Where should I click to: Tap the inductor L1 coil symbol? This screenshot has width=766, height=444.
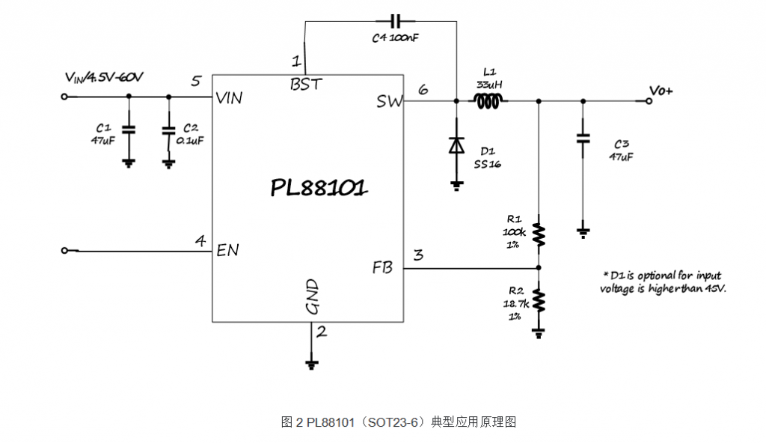click(x=488, y=100)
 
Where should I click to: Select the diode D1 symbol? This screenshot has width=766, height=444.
click(x=456, y=145)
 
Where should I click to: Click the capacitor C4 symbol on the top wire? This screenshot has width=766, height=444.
click(x=396, y=21)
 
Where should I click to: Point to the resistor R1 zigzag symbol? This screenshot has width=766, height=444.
click(x=539, y=238)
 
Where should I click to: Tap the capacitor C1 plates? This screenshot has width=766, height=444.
click(x=129, y=130)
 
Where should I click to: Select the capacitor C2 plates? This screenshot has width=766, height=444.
click(x=168, y=130)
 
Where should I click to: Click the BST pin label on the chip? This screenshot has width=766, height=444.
click(x=306, y=84)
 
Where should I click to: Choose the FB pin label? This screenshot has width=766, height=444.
click(x=382, y=267)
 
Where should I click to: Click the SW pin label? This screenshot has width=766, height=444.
click(x=389, y=101)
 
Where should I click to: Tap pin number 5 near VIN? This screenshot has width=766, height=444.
click(x=196, y=81)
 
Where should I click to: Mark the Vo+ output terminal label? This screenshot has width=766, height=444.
click(x=661, y=91)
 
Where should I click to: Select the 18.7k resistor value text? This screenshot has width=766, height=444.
click(x=516, y=304)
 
